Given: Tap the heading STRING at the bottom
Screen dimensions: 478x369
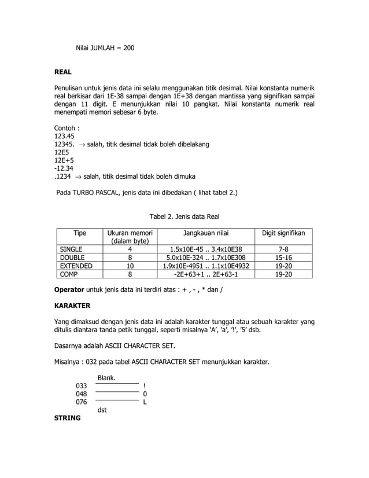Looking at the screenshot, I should click(67, 417).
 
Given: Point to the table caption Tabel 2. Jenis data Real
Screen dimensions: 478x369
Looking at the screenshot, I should click(184, 216).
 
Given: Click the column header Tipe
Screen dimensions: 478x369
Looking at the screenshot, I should click(80, 233).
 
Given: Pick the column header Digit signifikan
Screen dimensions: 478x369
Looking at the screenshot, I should click(284, 233).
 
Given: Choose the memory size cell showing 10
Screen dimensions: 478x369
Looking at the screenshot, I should click(130, 266).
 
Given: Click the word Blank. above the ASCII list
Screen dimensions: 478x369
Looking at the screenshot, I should click(106, 378).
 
